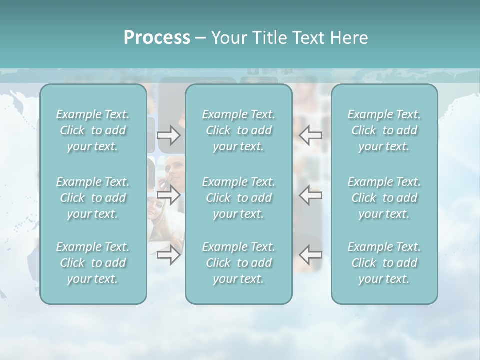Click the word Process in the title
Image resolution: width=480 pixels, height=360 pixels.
coord(157,38)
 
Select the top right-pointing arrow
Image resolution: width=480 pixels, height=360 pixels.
coord(168,135)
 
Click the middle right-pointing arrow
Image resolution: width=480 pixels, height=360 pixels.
coord(168,195)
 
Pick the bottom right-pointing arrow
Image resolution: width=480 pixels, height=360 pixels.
coord(168,255)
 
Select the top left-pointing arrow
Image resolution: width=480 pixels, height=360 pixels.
coord(311,135)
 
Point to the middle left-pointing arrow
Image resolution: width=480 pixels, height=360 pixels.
coord(311,195)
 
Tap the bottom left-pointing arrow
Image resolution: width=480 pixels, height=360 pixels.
coord(311,255)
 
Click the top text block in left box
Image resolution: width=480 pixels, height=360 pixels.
coord(93,130)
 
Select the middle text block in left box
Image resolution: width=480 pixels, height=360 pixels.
coord(93,198)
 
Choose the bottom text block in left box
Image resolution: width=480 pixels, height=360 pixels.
coord(93,263)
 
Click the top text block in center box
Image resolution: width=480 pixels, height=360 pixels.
coord(239,130)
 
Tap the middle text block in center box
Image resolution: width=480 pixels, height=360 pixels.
coord(239,198)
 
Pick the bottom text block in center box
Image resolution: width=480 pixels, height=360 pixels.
coord(239,263)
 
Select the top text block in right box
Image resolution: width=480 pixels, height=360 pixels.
coord(384,130)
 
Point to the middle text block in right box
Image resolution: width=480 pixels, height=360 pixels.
coord(384,198)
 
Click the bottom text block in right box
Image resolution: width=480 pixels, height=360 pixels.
coord(384,263)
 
